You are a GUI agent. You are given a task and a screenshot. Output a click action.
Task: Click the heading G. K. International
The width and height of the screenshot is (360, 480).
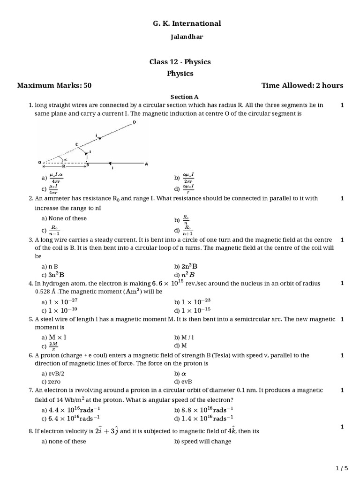tap(180, 23)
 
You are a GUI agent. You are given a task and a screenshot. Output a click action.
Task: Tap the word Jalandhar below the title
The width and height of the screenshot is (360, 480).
tap(180, 37)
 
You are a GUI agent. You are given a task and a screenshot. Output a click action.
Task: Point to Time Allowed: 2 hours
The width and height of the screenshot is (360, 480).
tap(302, 85)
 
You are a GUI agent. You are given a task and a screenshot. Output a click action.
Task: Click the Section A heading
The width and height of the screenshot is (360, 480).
tap(180, 97)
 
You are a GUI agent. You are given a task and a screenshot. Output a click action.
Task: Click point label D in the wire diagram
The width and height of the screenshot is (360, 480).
tap(134, 122)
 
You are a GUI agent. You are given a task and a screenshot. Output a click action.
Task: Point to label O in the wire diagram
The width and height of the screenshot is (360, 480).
tap(39, 163)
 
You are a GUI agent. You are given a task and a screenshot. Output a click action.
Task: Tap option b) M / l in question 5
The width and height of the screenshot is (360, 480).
tap(184, 337)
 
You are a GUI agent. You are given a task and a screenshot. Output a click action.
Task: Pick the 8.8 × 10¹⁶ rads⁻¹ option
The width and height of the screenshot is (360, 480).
tap(203, 409)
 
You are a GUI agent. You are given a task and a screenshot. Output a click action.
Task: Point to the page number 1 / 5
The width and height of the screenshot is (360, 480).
tap(342, 468)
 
